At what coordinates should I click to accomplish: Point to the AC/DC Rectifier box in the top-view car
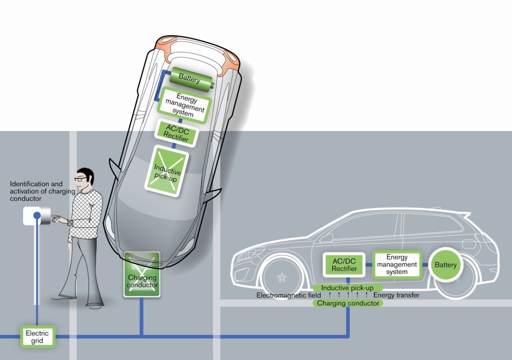[x=174, y=132]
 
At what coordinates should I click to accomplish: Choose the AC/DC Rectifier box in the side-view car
[x=344, y=265]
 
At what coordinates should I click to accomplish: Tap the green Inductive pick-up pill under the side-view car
[x=348, y=288]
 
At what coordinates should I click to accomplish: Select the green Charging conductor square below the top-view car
[x=142, y=274]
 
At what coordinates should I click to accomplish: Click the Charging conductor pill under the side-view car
[x=348, y=303]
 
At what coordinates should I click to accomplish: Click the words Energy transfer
[x=396, y=295]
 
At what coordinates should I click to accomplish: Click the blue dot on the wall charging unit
[x=37, y=216]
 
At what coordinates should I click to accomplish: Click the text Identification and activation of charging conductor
[x=36, y=191]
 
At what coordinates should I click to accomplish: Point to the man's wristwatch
[x=70, y=222]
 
